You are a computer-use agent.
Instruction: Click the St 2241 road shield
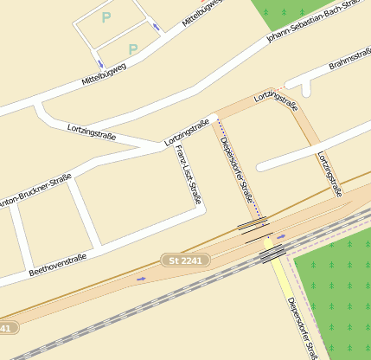click(185, 260)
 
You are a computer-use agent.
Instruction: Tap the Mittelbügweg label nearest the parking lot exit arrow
click(104, 74)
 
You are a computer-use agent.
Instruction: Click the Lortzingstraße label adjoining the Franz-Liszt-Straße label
click(187, 132)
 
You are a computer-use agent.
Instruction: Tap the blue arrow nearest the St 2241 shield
click(141, 279)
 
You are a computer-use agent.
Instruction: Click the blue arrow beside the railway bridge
click(281, 236)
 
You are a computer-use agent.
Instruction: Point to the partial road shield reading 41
click(6, 328)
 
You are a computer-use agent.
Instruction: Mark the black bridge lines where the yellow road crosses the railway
click(272, 254)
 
